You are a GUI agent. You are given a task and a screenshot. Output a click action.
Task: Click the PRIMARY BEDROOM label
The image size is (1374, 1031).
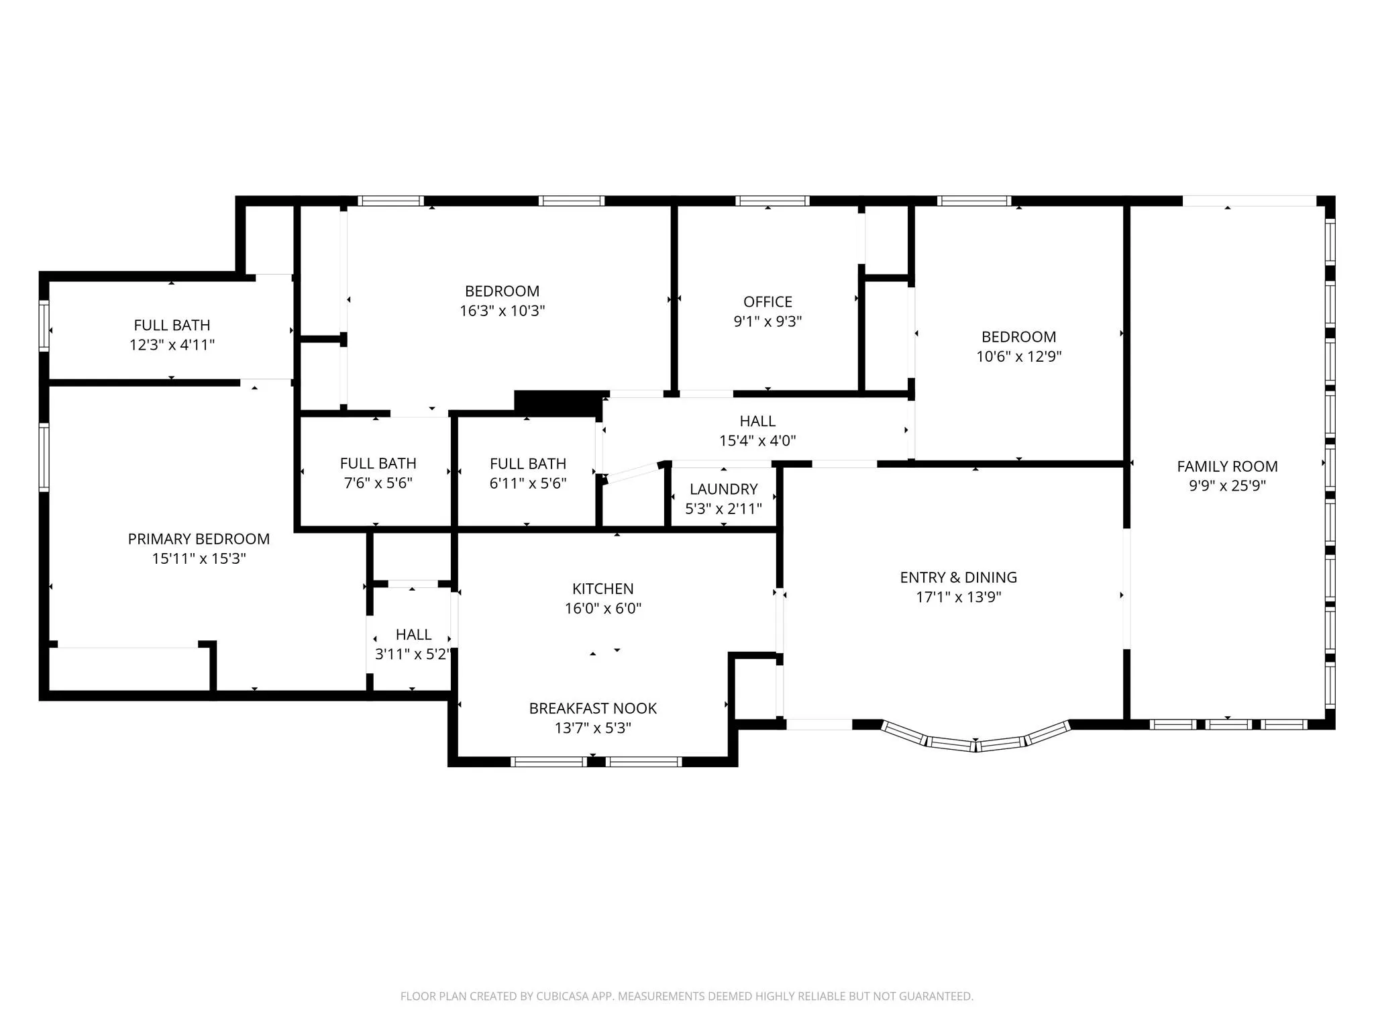(x=199, y=539)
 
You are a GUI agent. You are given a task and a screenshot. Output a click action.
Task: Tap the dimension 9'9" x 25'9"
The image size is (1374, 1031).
(x=1227, y=486)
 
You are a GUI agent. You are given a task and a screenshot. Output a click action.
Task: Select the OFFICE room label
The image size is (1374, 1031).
(x=768, y=302)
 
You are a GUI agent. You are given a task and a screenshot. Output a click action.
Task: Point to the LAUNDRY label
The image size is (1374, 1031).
(x=723, y=489)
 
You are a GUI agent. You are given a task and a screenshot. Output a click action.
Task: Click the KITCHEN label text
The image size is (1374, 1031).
(x=602, y=589)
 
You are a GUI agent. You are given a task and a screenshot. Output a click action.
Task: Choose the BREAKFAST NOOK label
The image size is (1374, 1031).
(x=592, y=708)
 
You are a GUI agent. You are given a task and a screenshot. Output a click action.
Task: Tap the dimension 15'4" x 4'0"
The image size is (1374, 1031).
(x=757, y=441)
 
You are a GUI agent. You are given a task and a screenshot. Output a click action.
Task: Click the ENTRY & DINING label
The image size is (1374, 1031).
(x=958, y=577)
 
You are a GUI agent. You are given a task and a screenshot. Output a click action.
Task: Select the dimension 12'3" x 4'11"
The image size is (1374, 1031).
(x=172, y=345)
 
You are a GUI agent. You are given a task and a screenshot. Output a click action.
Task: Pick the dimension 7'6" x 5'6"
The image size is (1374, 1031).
(x=378, y=483)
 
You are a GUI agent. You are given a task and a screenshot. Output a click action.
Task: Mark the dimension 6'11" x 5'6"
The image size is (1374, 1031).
(x=528, y=483)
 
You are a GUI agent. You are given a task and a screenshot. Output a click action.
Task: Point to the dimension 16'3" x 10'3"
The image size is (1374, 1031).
(x=502, y=311)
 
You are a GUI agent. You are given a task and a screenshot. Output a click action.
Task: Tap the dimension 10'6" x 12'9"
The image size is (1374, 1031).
(x=1018, y=356)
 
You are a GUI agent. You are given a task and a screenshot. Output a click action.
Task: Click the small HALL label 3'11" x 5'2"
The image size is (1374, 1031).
(x=413, y=635)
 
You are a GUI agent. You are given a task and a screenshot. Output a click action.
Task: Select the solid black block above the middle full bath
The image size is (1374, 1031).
(x=559, y=403)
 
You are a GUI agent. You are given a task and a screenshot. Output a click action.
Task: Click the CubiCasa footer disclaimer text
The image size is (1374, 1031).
(x=686, y=996)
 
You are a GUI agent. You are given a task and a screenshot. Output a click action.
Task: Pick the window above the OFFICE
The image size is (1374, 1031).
(x=772, y=201)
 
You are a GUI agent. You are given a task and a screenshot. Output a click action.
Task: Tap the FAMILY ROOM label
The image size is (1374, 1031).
(x=1227, y=467)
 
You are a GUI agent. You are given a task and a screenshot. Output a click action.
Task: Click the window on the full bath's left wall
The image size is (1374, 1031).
(x=44, y=326)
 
